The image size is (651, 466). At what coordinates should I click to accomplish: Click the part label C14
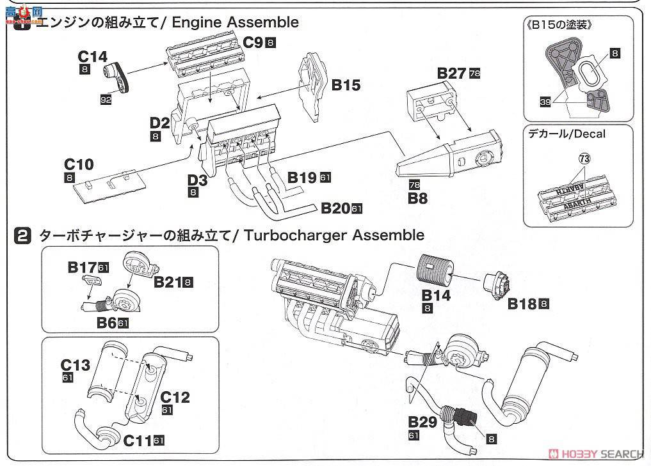[x=93, y=57]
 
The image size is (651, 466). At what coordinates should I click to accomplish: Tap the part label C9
[x=253, y=43]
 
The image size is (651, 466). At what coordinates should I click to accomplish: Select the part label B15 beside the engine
[x=346, y=84]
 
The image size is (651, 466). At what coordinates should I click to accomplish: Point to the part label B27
[x=451, y=73]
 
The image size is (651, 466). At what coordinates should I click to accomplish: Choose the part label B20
[x=335, y=208]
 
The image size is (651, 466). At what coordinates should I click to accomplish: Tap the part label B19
[x=302, y=177]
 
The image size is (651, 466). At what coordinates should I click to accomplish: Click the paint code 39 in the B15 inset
[x=545, y=100]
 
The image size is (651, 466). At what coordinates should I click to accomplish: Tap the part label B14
[x=435, y=295]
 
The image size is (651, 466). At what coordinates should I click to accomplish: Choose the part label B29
[x=422, y=422]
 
